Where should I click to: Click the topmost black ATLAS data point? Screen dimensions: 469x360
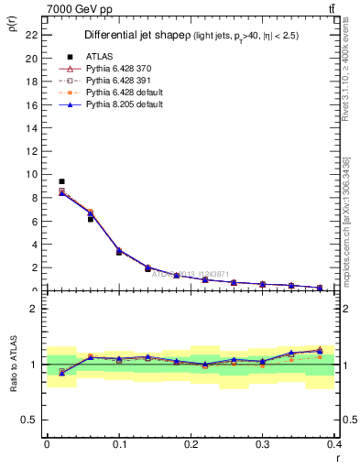(x=61, y=181)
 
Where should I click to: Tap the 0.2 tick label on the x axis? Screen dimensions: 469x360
(x=191, y=442)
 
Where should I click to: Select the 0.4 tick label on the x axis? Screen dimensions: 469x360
(x=334, y=442)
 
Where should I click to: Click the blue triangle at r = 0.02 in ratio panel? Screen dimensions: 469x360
(x=61, y=373)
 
